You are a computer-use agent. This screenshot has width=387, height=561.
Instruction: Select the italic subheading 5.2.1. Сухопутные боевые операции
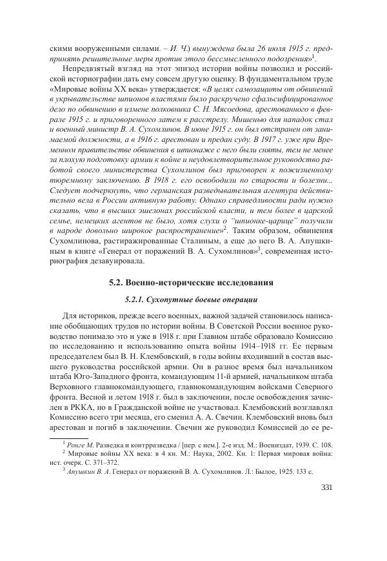tap(192, 300)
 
